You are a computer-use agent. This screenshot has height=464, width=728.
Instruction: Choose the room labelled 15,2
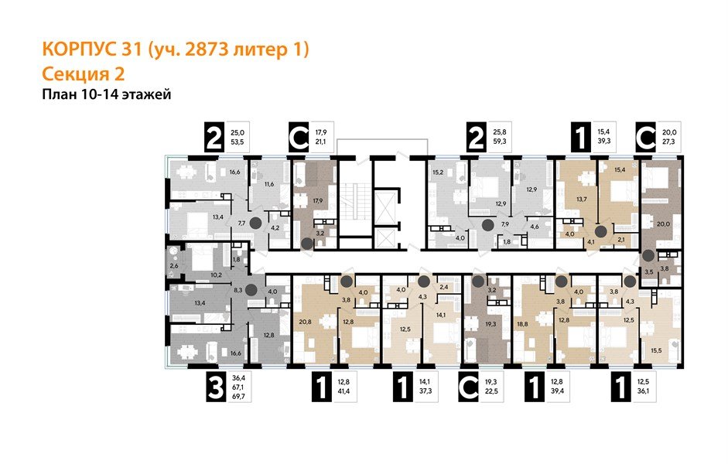point(437,172)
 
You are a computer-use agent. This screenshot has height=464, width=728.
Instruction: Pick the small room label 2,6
point(174,266)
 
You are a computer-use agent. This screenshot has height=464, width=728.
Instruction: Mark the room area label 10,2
point(216,274)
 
